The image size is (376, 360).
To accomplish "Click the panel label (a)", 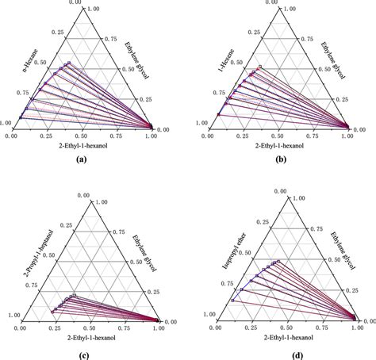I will coord(80,159).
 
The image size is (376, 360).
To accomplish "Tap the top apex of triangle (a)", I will coord(81,9).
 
